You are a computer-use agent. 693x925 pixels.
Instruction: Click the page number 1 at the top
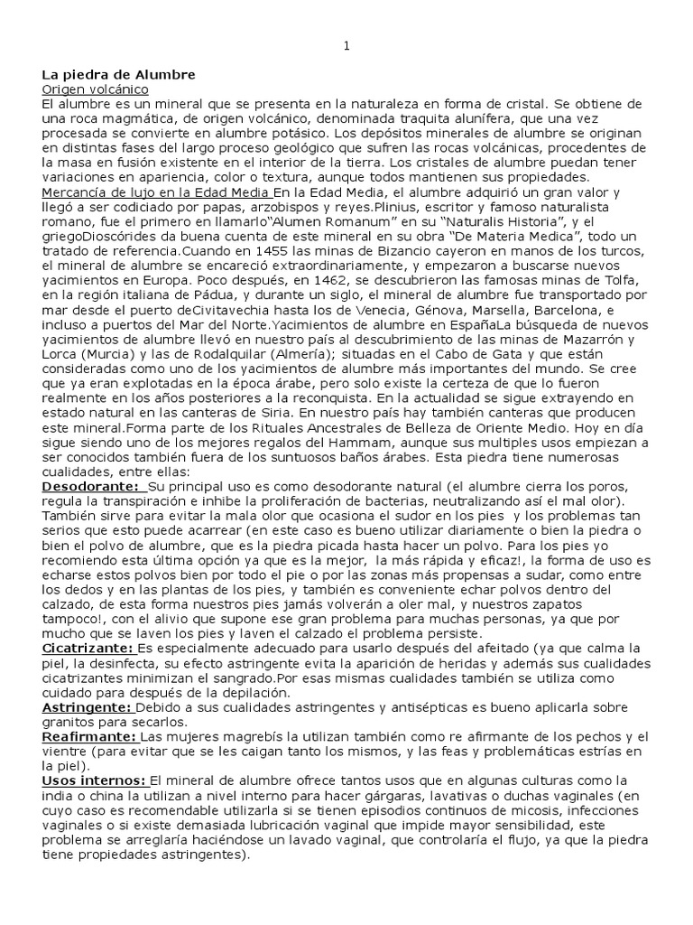click(346, 48)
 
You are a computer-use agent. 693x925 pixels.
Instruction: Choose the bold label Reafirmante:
click(88, 737)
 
